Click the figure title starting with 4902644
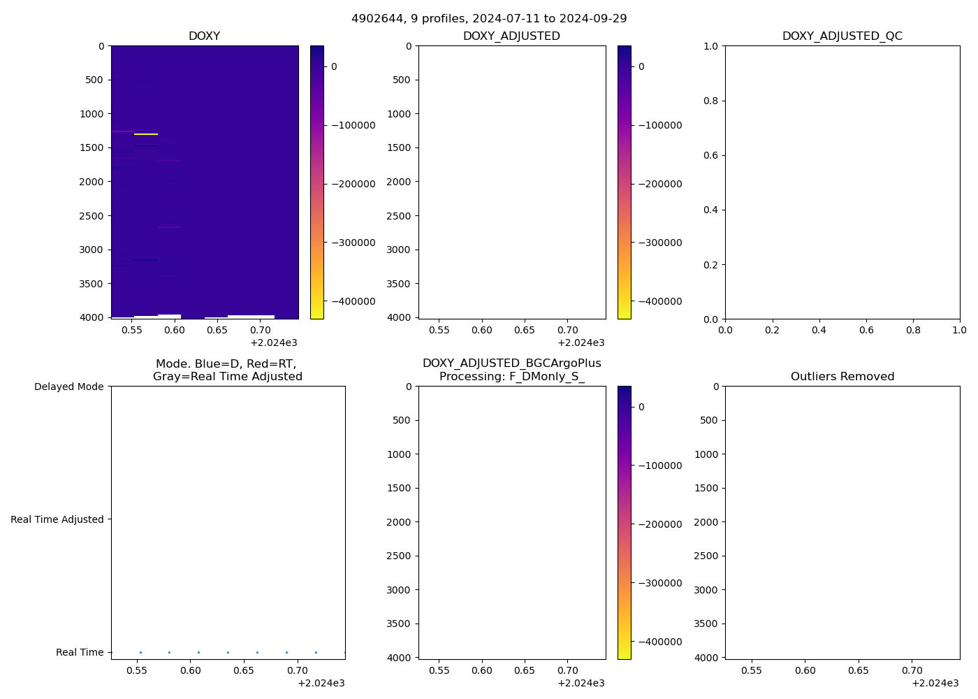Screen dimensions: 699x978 click(x=489, y=18)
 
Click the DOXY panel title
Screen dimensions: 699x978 click(x=204, y=36)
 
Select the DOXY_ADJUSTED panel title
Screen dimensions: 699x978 click(x=511, y=36)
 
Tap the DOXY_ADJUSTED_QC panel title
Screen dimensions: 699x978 click(x=842, y=36)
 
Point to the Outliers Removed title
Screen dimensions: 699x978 click(x=842, y=377)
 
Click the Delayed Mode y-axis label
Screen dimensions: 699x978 click(x=68, y=387)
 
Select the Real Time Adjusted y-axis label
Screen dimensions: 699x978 click(x=57, y=519)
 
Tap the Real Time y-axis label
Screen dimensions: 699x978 click(x=80, y=652)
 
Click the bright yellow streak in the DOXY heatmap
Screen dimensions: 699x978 click(x=146, y=134)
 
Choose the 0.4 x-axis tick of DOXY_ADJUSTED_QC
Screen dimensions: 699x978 click(x=819, y=330)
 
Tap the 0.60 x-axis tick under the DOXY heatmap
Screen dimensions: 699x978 click(x=175, y=330)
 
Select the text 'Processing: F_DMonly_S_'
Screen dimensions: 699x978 click(x=511, y=377)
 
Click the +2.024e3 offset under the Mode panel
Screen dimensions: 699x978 click(x=321, y=683)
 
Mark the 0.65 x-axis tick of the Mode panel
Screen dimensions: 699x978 click(x=244, y=670)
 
